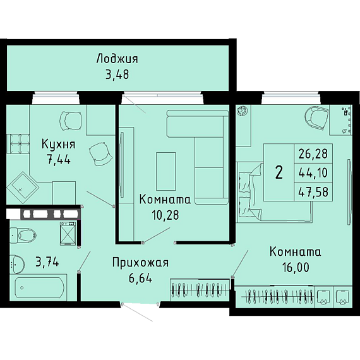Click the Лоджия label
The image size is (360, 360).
tap(117, 59)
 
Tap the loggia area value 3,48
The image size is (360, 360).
tap(117, 75)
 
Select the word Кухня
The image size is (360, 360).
tap(58, 145)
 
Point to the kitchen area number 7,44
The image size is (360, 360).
tap(59, 159)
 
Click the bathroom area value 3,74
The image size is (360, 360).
tap(47, 261)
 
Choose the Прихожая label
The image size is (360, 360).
tap(140, 263)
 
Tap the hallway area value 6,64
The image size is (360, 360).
tap(140, 278)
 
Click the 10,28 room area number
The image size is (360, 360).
tap(165, 215)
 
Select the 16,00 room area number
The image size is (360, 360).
tap(296, 267)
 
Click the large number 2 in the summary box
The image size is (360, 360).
tap(279, 172)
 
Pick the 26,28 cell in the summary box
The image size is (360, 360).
tap(313, 153)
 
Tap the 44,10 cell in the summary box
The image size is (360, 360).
tap(313, 172)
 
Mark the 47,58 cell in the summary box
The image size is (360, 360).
tap(313, 192)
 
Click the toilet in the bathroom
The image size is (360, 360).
tap(23, 235)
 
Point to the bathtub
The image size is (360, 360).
tap(39, 287)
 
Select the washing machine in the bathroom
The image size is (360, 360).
tap(68, 234)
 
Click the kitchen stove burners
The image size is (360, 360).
tap(20, 144)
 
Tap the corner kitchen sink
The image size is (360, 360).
tap(23, 188)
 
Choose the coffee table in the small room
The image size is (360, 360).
tap(165, 171)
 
